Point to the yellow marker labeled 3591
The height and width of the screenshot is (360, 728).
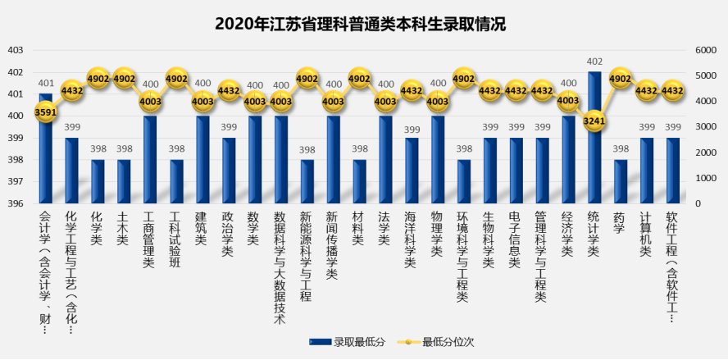[x=46, y=113]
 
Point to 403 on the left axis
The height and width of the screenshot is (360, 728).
[x=16, y=50]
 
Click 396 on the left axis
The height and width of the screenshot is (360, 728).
[x=16, y=203]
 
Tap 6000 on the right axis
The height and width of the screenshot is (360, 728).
[x=706, y=50]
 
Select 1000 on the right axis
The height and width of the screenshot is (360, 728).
[x=706, y=178]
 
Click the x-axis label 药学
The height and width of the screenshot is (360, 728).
[x=621, y=224]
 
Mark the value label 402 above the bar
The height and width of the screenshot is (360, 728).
[x=594, y=62]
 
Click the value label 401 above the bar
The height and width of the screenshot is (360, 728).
[x=46, y=83]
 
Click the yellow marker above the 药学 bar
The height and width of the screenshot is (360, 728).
[x=621, y=79]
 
